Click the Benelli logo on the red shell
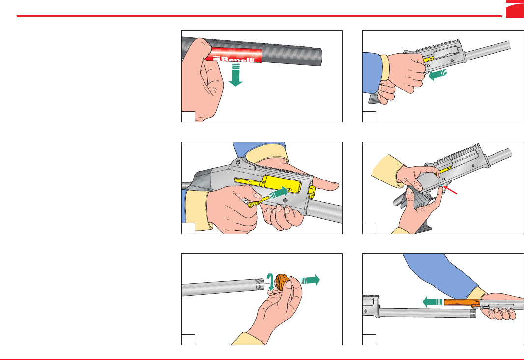point(233,59)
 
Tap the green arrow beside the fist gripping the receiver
point(438,74)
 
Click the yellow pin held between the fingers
point(259,202)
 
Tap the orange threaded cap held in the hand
point(282,282)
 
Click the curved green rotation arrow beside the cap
point(270,281)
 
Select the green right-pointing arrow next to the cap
point(310,280)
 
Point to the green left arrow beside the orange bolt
point(433,302)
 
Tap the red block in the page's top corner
point(515,9)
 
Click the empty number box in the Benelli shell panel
point(188,117)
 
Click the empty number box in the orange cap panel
point(188,340)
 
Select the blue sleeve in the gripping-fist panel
point(372,72)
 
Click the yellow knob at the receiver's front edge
point(312,192)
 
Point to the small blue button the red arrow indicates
point(442,185)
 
